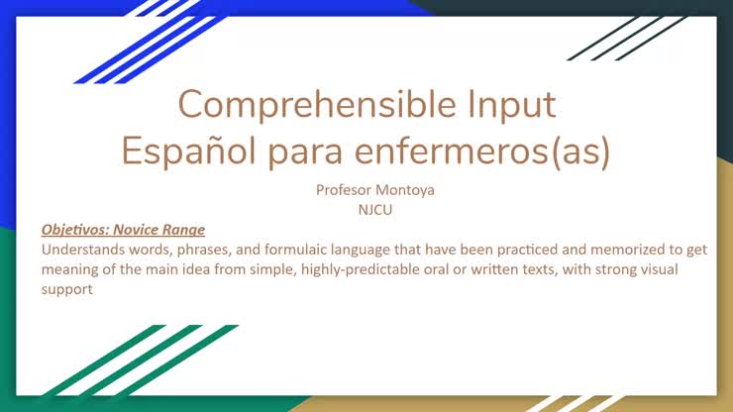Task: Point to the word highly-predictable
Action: point(352,269)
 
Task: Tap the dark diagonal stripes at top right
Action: point(619,38)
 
